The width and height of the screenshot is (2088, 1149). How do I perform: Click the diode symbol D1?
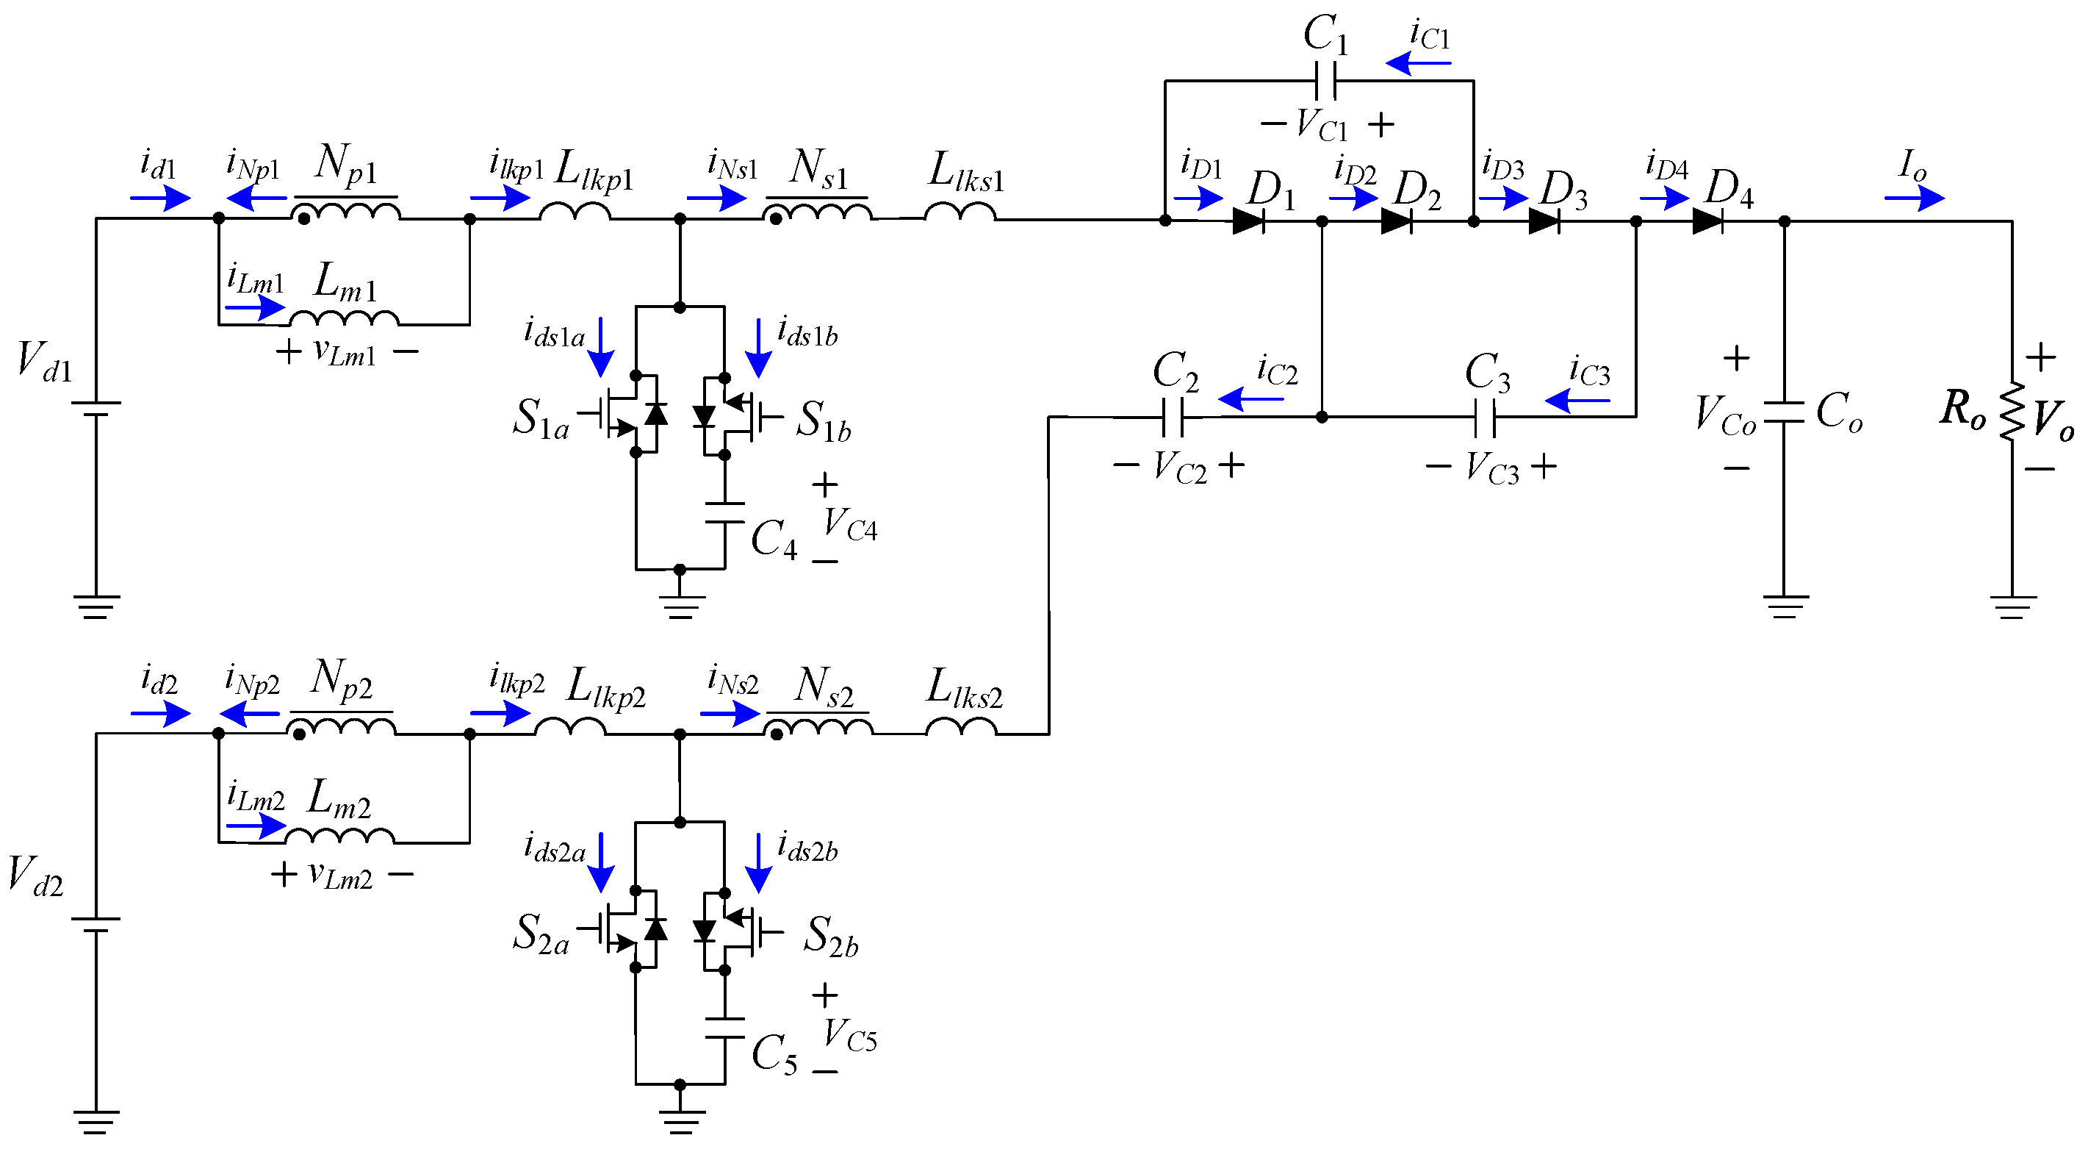1248,221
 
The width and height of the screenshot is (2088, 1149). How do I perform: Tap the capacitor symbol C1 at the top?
1325,81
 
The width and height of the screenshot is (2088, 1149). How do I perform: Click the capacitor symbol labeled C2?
1172,418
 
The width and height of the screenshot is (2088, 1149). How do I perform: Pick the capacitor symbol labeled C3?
1484,418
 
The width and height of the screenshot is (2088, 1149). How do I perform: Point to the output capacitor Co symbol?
1784,412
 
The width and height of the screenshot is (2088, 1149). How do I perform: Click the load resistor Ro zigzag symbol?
2012,412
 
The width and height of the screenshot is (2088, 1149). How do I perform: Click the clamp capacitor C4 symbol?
724,513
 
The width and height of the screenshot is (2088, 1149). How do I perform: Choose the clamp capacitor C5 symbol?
724,1028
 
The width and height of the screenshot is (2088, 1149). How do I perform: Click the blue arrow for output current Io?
1915,198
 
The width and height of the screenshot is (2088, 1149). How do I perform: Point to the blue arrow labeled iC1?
1418,62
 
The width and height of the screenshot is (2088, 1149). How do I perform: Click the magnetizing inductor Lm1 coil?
345,318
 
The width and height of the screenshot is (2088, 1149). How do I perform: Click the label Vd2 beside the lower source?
36,876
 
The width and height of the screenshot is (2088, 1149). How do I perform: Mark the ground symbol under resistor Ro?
2012,606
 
